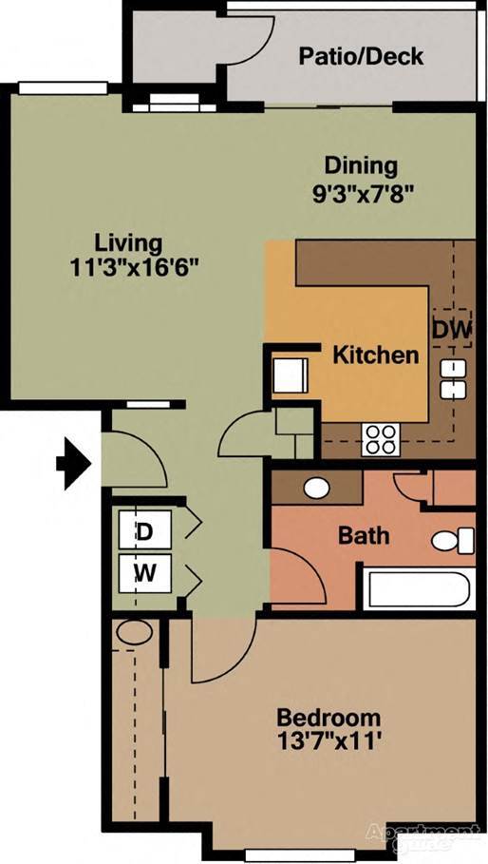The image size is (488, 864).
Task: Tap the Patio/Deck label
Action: (361, 56)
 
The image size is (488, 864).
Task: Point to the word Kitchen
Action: (375, 355)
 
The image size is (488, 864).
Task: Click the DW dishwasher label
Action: (452, 330)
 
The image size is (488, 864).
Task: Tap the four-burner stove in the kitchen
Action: (380, 439)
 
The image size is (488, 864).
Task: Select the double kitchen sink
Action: (452, 378)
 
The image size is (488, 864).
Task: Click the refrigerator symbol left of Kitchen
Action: (289, 374)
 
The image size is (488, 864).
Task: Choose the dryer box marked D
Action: (144, 532)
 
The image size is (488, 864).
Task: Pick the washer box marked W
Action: (144, 573)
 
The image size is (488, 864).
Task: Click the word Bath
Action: (364, 535)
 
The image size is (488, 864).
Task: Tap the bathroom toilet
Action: (453, 541)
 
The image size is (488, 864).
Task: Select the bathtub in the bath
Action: (420, 588)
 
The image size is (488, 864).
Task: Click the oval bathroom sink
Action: (317, 488)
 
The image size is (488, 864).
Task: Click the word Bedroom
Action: (328, 718)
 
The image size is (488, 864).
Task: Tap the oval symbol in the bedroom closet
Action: (134, 632)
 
